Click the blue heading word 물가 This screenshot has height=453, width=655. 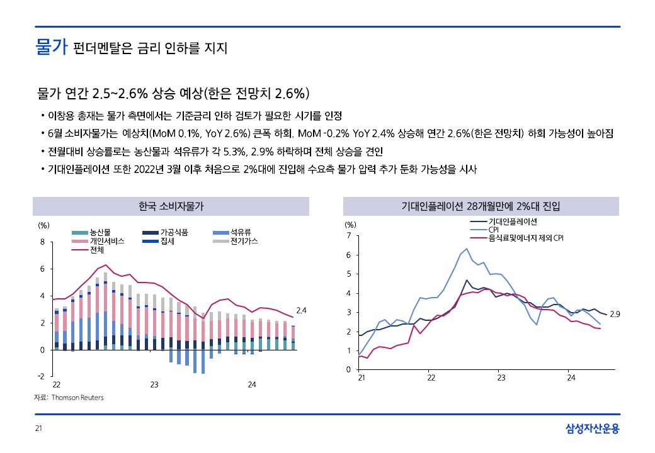pyautogui.click(x=51, y=48)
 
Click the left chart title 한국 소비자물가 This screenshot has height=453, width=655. pyautogui.click(x=171, y=206)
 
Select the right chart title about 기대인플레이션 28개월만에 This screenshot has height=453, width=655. pyautogui.click(x=481, y=206)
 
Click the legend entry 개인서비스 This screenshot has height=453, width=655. pyautogui.click(x=106, y=241)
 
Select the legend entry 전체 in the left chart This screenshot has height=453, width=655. pyautogui.click(x=97, y=250)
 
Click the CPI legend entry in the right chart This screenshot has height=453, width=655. pyautogui.click(x=493, y=230)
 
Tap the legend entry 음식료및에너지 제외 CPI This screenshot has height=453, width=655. pyautogui.click(x=526, y=238)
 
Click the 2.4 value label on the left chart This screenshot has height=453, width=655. pyautogui.click(x=301, y=310)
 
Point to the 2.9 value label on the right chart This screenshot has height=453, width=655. pyautogui.click(x=616, y=313)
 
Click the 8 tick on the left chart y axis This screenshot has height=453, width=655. pyautogui.click(x=42, y=242)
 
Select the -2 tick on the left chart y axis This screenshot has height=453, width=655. pyautogui.click(x=41, y=376)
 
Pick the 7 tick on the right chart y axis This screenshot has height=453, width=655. pyautogui.click(x=348, y=236)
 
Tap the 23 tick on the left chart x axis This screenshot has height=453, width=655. pyautogui.click(x=154, y=384)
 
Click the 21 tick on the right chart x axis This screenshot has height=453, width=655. pyautogui.click(x=362, y=378)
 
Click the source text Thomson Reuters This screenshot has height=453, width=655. pyautogui.click(x=77, y=398)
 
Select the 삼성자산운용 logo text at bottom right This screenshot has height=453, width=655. pyautogui.click(x=592, y=429)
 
